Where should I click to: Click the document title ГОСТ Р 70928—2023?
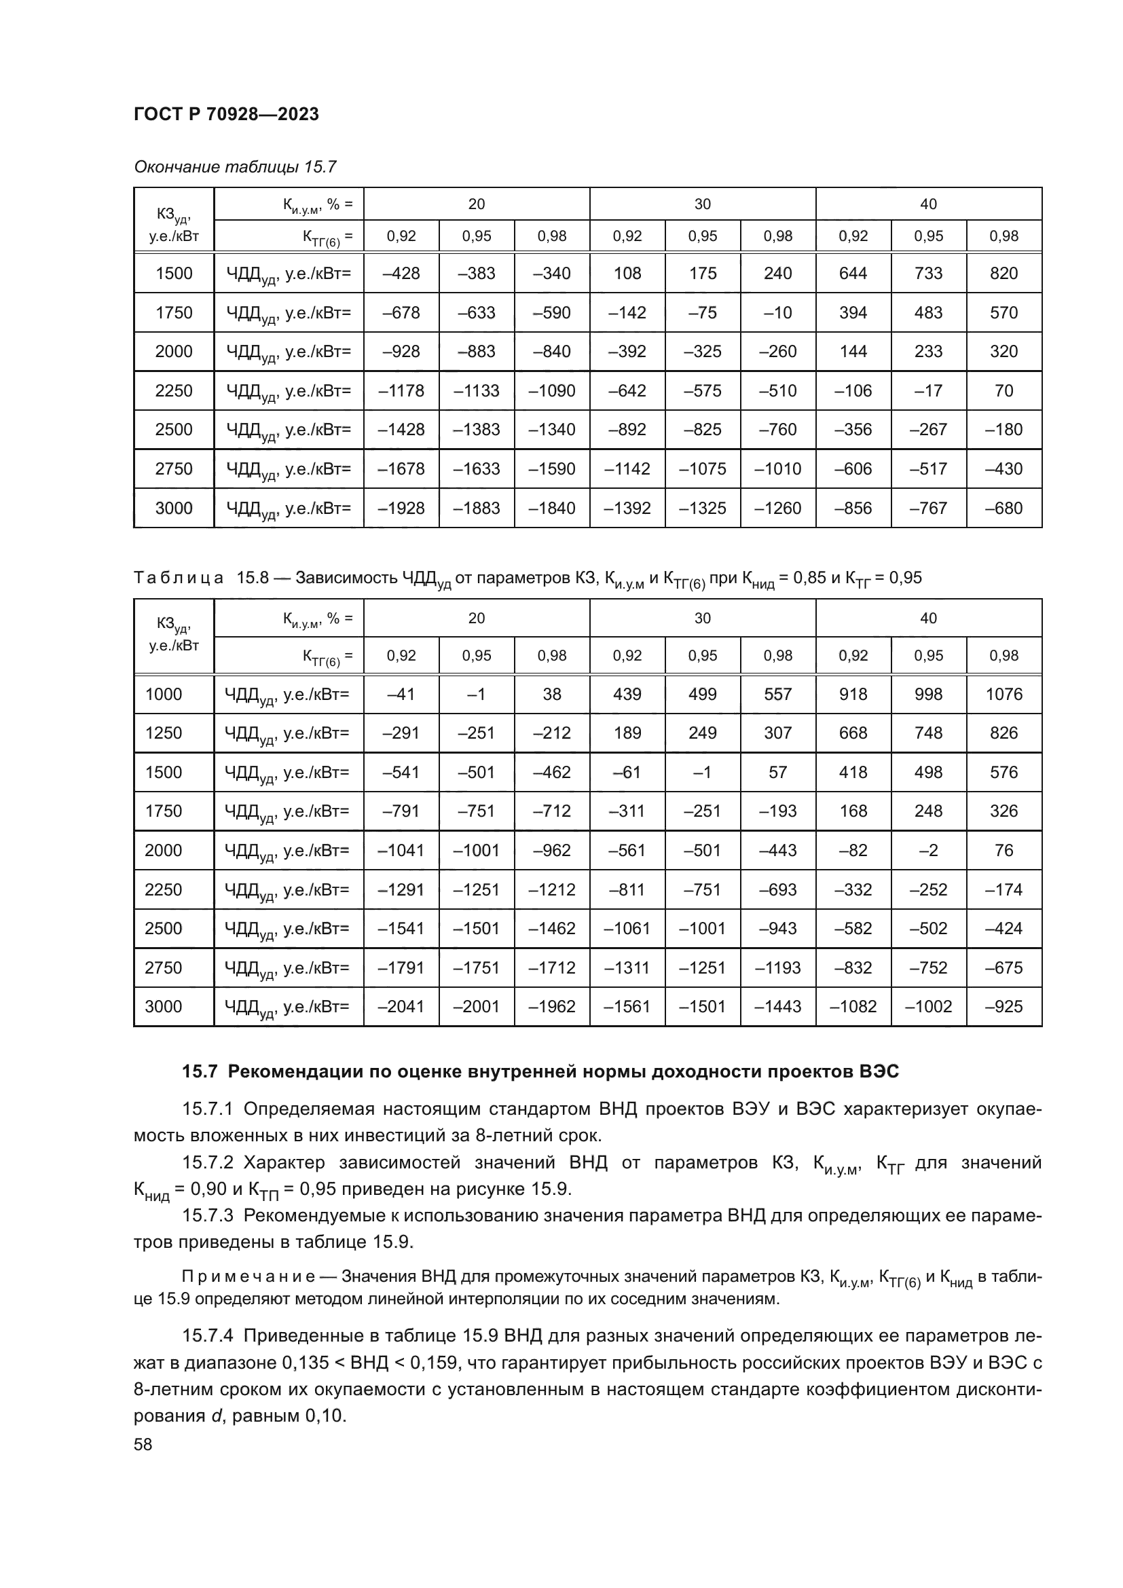(226, 115)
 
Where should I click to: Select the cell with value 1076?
(1004, 694)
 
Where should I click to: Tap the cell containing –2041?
(401, 1006)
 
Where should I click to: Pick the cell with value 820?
(1004, 273)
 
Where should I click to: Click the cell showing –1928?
(401, 509)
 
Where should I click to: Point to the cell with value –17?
(928, 391)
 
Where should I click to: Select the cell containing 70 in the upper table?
(1004, 391)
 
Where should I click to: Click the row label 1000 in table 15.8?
(164, 694)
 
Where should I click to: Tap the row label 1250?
(164, 733)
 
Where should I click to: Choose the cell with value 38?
(552, 694)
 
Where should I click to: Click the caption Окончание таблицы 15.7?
(235, 167)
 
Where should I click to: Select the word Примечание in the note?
(248, 1277)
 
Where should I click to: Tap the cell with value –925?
(1004, 1006)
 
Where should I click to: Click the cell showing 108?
(627, 273)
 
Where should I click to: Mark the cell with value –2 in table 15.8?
(928, 850)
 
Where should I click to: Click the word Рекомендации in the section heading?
(309, 1072)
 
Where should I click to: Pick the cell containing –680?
(1004, 509)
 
